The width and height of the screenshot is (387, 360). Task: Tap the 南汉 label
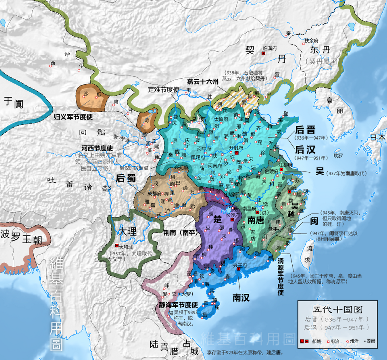click(241, 297)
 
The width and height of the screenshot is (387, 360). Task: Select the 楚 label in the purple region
click(217, 220)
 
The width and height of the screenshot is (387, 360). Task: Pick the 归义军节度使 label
click(73, 117)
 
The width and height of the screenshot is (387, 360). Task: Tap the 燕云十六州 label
click(203, 81)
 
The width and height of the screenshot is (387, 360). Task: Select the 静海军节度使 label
click(177, 305)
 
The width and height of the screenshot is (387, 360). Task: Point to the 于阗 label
click(14, 102)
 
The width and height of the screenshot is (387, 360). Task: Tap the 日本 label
click(378, 137)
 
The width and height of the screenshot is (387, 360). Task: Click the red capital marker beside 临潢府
click(263, 53)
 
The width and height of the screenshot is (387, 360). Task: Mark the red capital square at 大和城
click(117, 245)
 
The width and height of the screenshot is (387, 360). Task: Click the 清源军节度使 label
click(281, 275)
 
